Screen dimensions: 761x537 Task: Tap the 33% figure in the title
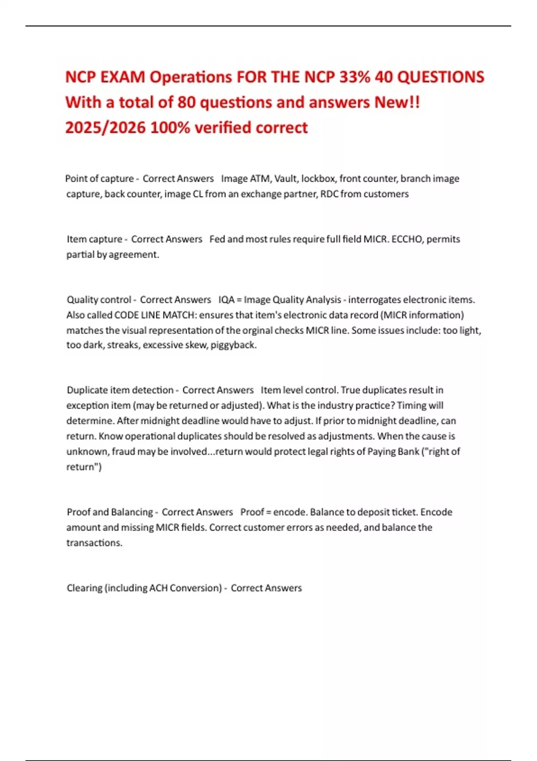click(x=355, y=77)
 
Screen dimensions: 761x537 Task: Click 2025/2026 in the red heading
click(x=105, y=128)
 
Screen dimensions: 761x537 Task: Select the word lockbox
click(x=318, y=179)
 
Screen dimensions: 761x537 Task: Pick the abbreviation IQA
click(x=226, y=299)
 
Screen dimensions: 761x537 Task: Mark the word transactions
click(x=94, y=543)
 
